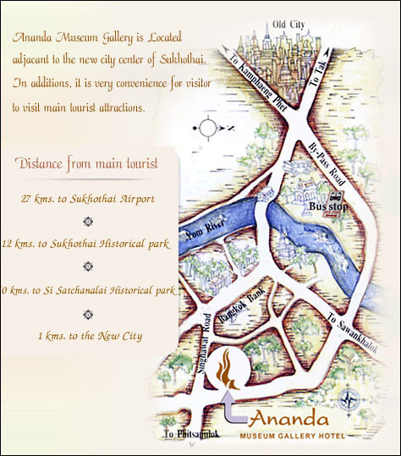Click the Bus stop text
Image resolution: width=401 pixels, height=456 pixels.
tap(325, 206)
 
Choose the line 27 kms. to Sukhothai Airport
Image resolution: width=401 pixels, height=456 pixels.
tap(88, 199)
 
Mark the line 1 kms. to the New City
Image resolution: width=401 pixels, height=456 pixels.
tap(90, 336)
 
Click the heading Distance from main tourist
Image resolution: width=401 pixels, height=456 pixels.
tap(88, 163)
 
